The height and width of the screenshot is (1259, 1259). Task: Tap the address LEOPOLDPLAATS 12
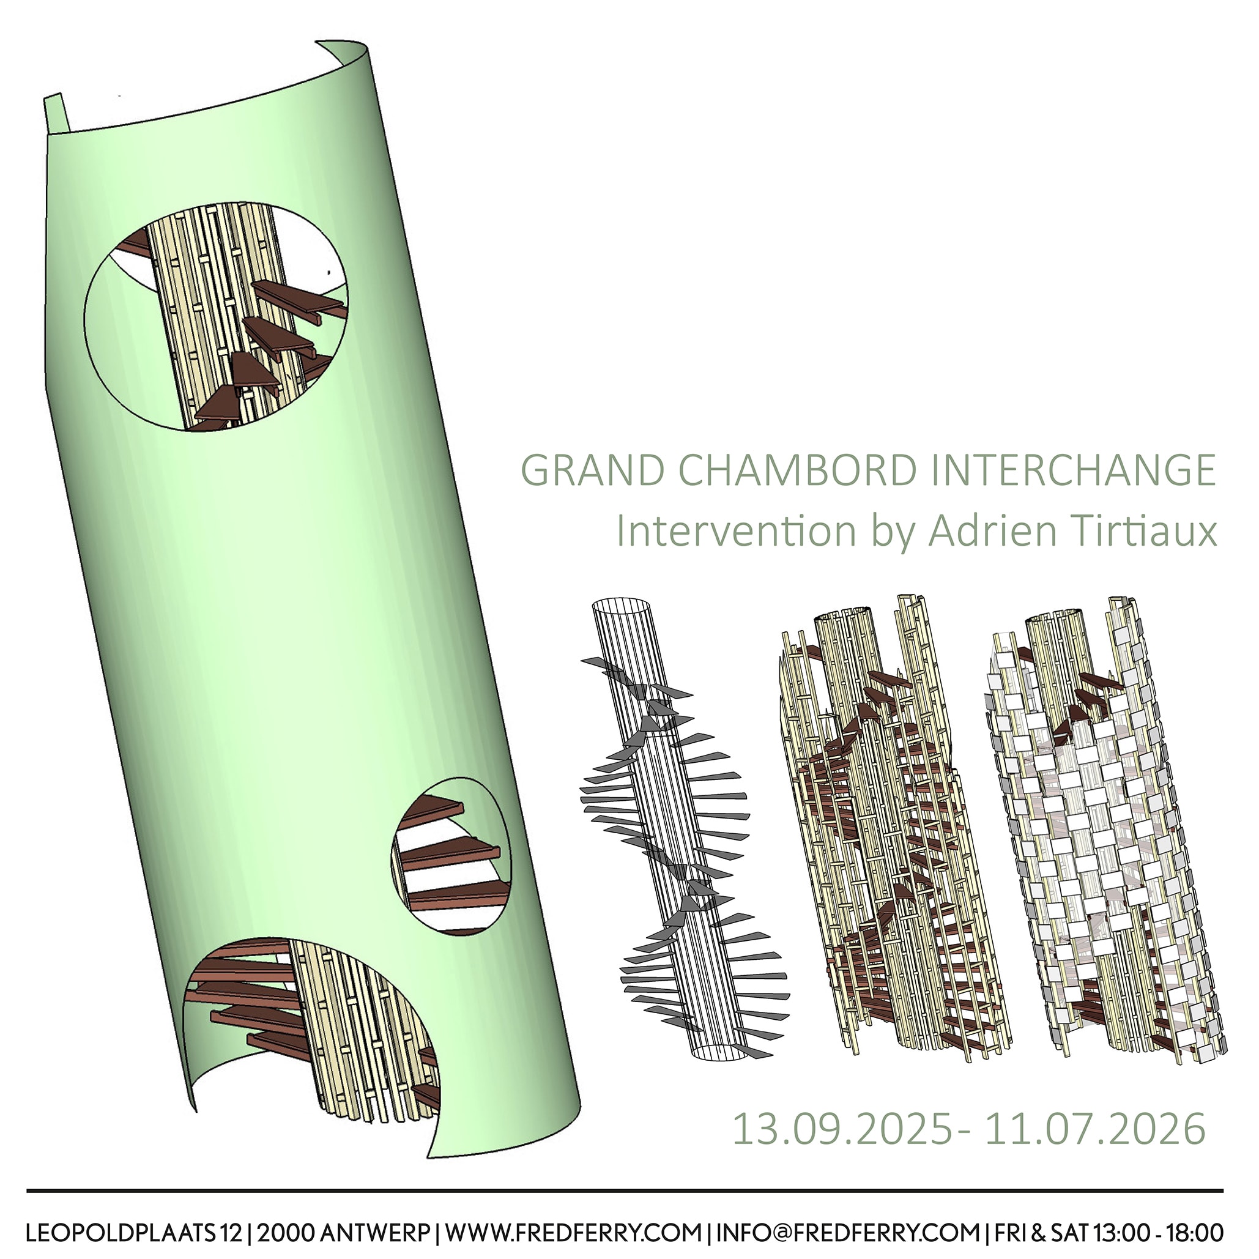point(133,1233)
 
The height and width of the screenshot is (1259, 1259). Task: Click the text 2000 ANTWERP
point(343,1233)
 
